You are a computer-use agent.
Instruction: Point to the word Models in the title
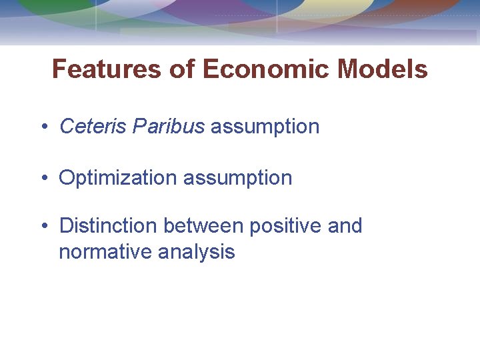click(383, 69)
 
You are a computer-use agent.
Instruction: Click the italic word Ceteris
click(93, 126)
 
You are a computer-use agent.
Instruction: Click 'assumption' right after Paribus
click(265, 126)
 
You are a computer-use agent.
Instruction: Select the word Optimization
click(118, 178)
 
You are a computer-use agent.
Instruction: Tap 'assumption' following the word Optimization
click(238, 178)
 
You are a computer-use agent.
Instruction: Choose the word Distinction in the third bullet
click(109, 226)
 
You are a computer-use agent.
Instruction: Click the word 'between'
click(203, 226)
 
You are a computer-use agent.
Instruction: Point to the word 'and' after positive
click(345, 226)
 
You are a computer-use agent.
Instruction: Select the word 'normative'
click(106, 251)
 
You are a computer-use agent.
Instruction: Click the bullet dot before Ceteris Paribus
click(43, 127)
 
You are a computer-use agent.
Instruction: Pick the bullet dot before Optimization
click(43, 179)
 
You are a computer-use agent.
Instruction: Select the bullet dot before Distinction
click(43, 227)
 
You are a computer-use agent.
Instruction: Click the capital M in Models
click(350, 69)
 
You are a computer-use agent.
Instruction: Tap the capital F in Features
click(59, 69)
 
